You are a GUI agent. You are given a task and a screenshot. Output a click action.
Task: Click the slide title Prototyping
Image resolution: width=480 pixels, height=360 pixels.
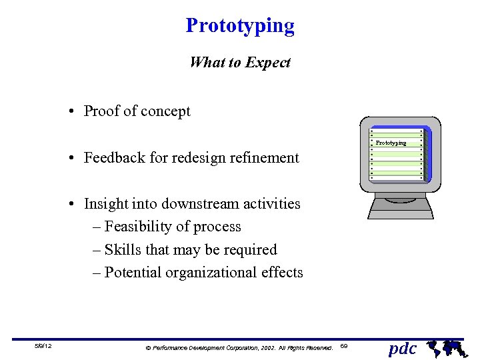point(240,26)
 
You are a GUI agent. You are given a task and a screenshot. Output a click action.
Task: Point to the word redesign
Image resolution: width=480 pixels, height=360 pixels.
point(199,158)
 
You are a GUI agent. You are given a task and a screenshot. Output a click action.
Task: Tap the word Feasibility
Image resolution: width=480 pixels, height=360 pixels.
point(138,227)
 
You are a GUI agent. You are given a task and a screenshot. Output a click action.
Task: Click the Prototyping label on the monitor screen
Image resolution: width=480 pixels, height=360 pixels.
point(391,143)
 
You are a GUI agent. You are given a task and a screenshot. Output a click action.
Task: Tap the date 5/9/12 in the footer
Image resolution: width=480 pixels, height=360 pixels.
point(43,347)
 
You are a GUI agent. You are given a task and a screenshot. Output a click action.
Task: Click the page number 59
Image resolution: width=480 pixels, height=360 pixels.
point(343,347)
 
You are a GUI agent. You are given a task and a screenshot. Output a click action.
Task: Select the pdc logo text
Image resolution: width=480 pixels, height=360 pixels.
point(402,348)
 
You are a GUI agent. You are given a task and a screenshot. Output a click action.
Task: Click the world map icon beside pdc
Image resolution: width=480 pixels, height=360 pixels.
point(444,347)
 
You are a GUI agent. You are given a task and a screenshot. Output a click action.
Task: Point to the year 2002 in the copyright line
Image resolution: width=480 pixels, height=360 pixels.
point(263,347)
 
